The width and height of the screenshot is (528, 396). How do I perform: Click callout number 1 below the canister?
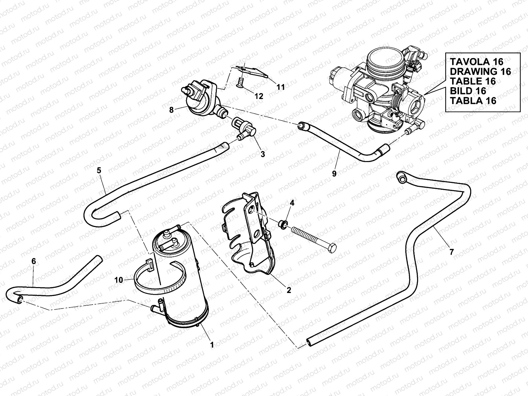point(212,345)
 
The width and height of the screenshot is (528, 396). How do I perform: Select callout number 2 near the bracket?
point(289,290)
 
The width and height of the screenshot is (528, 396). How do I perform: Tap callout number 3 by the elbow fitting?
point(263,154)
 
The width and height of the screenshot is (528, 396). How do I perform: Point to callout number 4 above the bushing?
point(291,203)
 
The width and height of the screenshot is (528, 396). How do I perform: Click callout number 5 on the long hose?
point(99,171)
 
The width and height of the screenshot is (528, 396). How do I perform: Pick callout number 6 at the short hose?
point(33,261)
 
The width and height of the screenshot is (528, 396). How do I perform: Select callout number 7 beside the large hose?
point(452,252)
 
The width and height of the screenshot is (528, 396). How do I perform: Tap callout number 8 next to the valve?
point(171,110)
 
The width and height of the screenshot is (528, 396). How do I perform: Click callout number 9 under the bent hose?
point(334,174)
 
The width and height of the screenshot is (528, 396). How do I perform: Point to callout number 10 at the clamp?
point(118,280)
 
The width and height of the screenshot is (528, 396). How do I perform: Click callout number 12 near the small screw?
point(259,96)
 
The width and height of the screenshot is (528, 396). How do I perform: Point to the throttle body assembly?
point(379,89)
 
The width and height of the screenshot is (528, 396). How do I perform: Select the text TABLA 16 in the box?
point(473,100)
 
